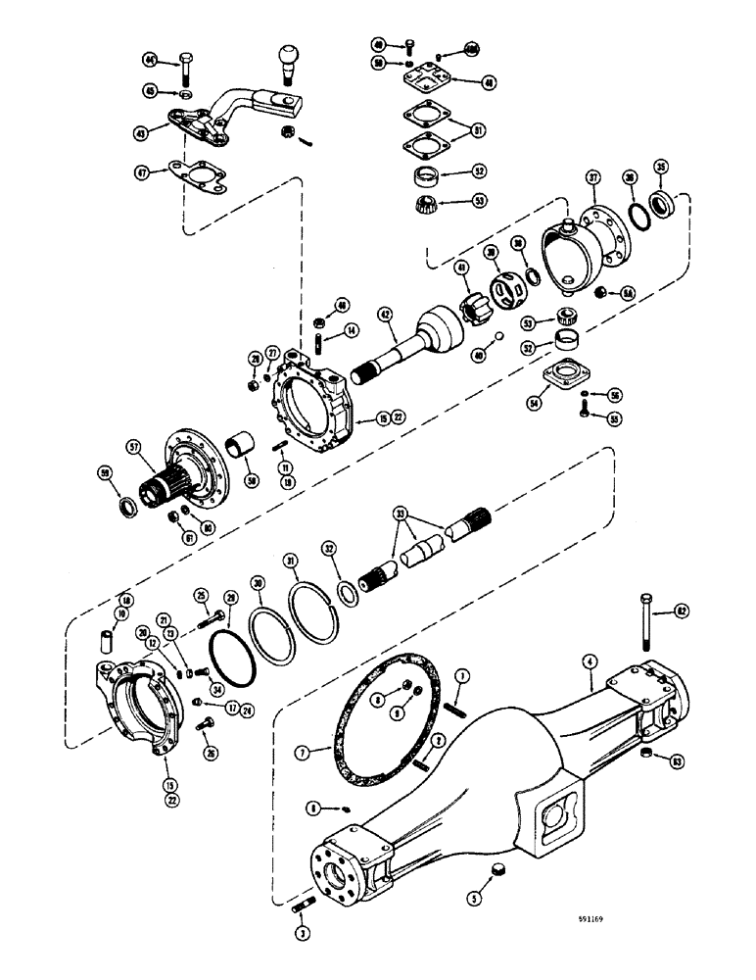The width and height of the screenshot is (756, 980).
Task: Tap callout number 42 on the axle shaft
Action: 386,315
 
